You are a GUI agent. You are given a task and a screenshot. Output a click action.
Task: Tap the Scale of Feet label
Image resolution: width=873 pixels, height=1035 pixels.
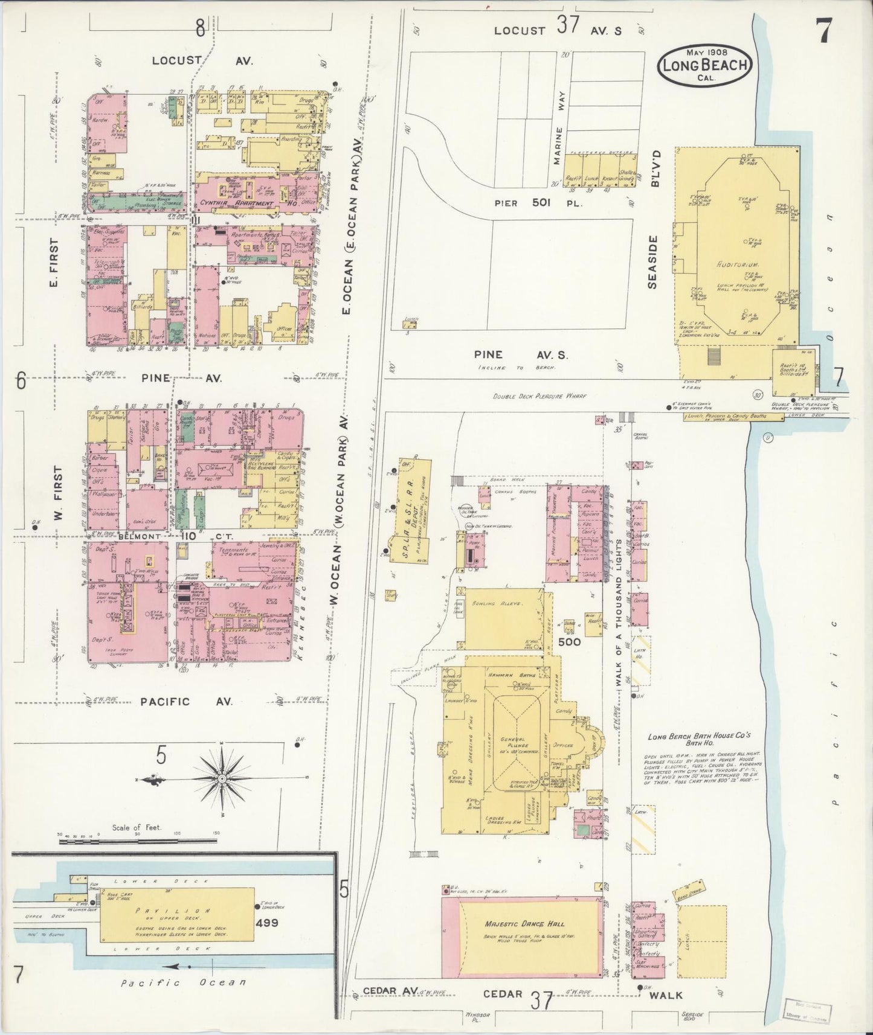137,827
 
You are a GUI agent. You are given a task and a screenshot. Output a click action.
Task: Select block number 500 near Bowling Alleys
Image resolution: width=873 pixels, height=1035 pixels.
569,642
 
